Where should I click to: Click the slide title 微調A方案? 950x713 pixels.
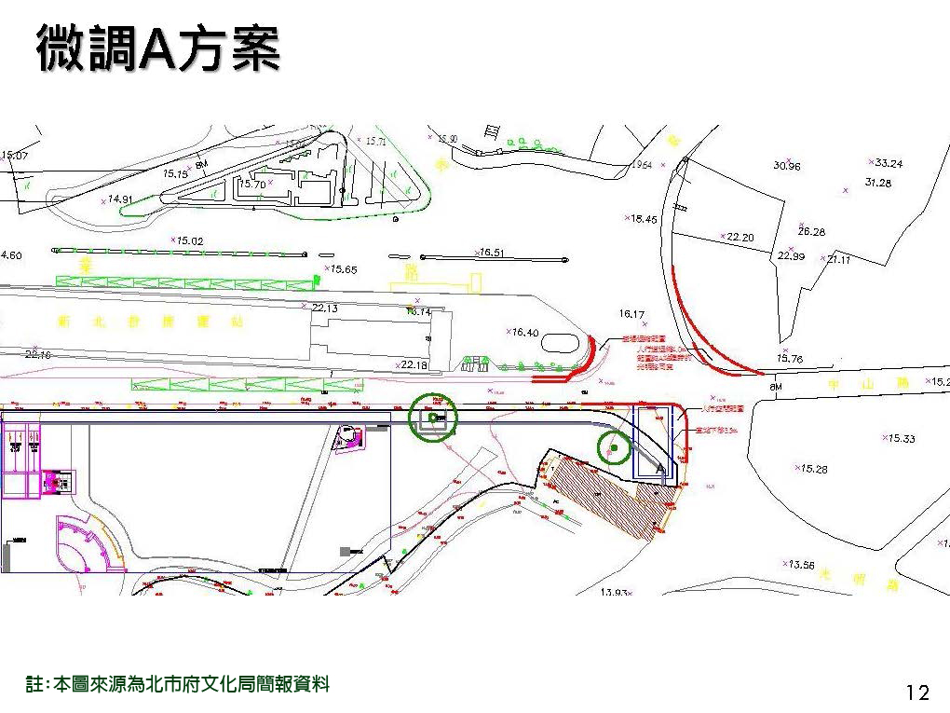click(x=158, y=48)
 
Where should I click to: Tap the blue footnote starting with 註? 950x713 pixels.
click(x=178, y=685)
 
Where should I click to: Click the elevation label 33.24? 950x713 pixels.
click(x=886, y=163)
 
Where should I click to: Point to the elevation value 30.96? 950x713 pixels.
click(x=786, y=166)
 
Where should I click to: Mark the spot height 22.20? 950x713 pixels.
click(x=740, y=237)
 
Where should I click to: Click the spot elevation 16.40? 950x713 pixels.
click(x=524, y=332)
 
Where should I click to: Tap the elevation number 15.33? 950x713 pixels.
click(x=901, y=438)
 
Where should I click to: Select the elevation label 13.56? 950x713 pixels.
click(x=801, y=565)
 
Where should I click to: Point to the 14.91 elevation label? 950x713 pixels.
click(x=120, y=199)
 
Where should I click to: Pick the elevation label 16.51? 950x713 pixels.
click(x=491, y=253)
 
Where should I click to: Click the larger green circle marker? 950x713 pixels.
click(x=433, y=417)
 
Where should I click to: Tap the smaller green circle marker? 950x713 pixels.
click(x=614, y=448)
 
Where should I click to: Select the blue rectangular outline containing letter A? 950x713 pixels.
click(x=653, y=443)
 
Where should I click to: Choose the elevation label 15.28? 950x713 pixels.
click(x=812, y=469)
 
